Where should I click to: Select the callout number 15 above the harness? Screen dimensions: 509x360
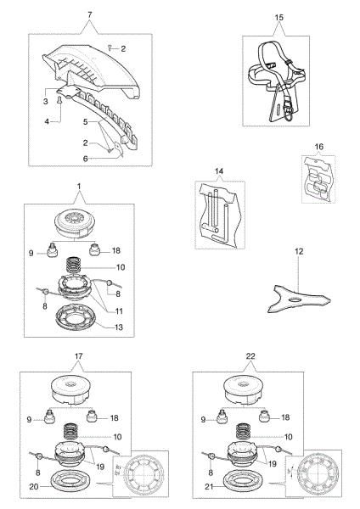278,16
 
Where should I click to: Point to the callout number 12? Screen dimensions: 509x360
299,252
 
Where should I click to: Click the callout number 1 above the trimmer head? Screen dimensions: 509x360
81,197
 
